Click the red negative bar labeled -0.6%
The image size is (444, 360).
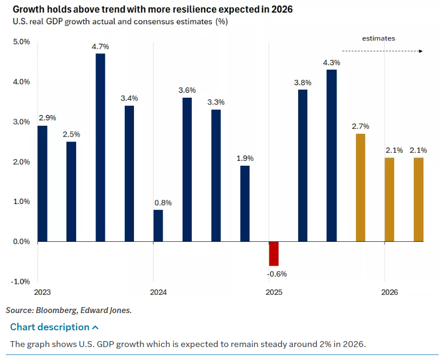[x=274, y=254]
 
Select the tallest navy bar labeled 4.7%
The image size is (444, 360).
[x=100, y=147]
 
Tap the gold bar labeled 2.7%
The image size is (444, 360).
[x=361, y=187]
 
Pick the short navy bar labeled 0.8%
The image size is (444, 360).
[x=158, y=226]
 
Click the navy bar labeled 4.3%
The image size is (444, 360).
[x=332, y=155]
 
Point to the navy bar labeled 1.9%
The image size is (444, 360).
[x=245, y=203]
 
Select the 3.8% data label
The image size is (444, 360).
[x=302, y=83]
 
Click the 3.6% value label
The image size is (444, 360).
[x=187, y=90]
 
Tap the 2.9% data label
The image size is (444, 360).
[x=47, y=117]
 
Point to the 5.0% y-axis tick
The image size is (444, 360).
[x=21, y=42]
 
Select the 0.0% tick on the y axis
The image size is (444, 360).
[x=21, y=242]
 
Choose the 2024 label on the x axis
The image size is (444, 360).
[x=158, y=293]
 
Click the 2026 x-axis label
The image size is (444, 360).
[x=389, y=293]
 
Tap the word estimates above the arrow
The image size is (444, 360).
[x=379, y=38]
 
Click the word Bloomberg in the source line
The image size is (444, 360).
[x=59, y=310]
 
